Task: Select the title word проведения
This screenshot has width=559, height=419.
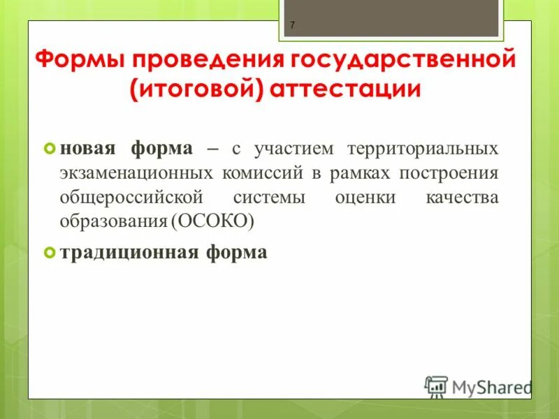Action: click(x=214, y=60)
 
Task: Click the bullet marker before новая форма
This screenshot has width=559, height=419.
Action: click(x=49, y=149)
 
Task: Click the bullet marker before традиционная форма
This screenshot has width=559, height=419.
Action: click(x=49, y=252)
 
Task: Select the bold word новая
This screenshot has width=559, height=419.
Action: click(x=88, y=149)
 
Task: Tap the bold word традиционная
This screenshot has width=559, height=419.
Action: click(x=129, y=252)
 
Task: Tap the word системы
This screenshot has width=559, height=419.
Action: click(x=269, y=197)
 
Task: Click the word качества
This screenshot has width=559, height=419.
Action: click(x=462, y=197)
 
